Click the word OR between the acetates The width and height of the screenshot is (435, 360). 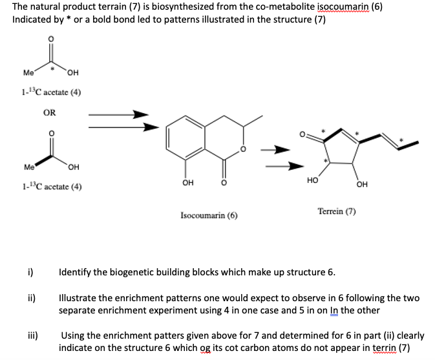click(x=49, y=112)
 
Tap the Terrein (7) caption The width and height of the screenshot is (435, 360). click(x=337, y=211)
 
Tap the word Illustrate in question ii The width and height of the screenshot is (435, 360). click(x=81, y=299)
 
